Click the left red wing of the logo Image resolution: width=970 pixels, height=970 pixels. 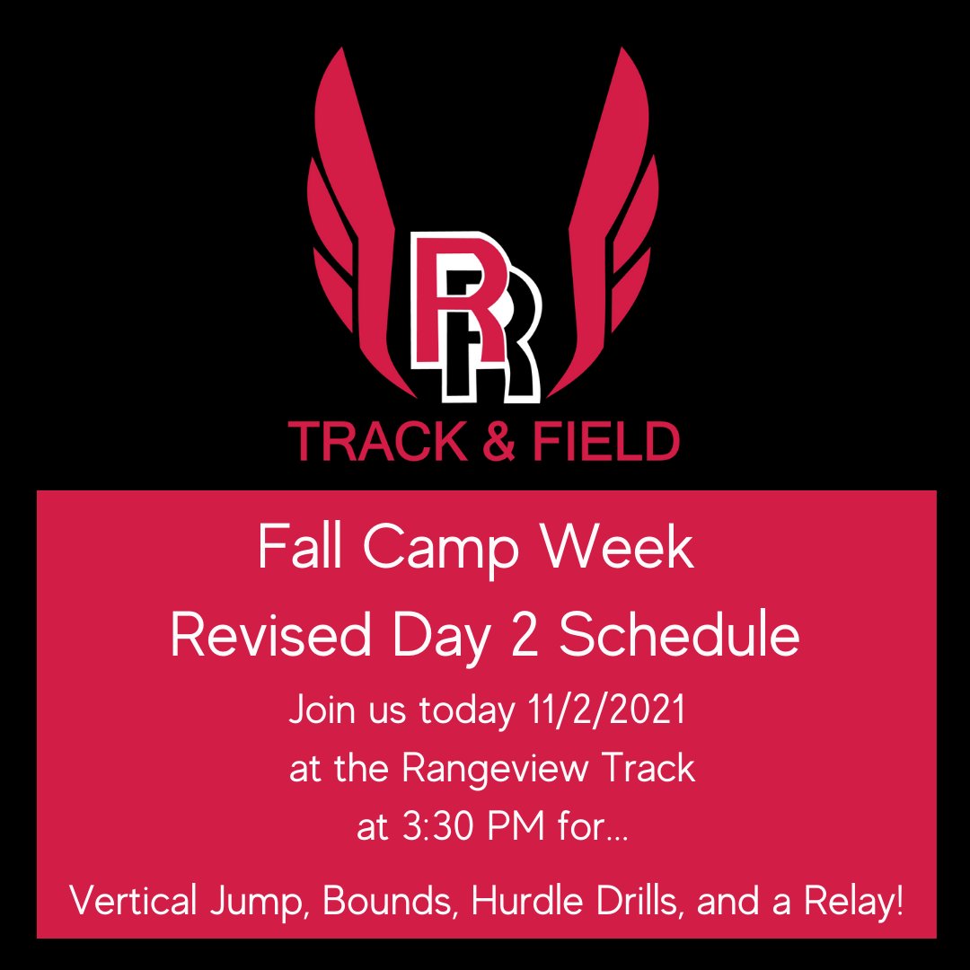coord(350,225)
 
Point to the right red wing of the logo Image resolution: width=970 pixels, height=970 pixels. coord(620,225)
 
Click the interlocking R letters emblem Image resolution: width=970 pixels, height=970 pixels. coord(474,314)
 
